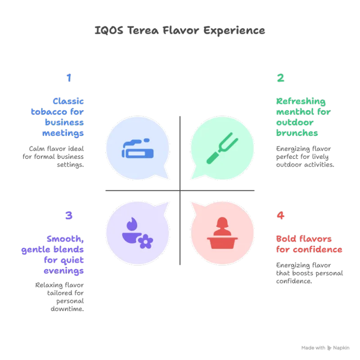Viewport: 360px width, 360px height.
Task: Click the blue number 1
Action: (68, 78)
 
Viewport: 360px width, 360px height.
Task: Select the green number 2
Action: (280, 78)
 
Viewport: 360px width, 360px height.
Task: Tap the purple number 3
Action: (69, 216)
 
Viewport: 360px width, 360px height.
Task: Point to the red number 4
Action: (280, 216)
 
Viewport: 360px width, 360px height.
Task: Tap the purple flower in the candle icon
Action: (145, 242)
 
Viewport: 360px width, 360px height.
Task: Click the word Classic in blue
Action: (68, 101)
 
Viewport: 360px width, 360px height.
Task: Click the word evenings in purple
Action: (64, 271)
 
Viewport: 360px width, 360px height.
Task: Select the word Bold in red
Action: (285, 238)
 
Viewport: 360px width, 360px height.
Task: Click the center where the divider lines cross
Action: (180, 191)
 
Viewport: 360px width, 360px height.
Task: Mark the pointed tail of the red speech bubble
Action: (192, 202)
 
